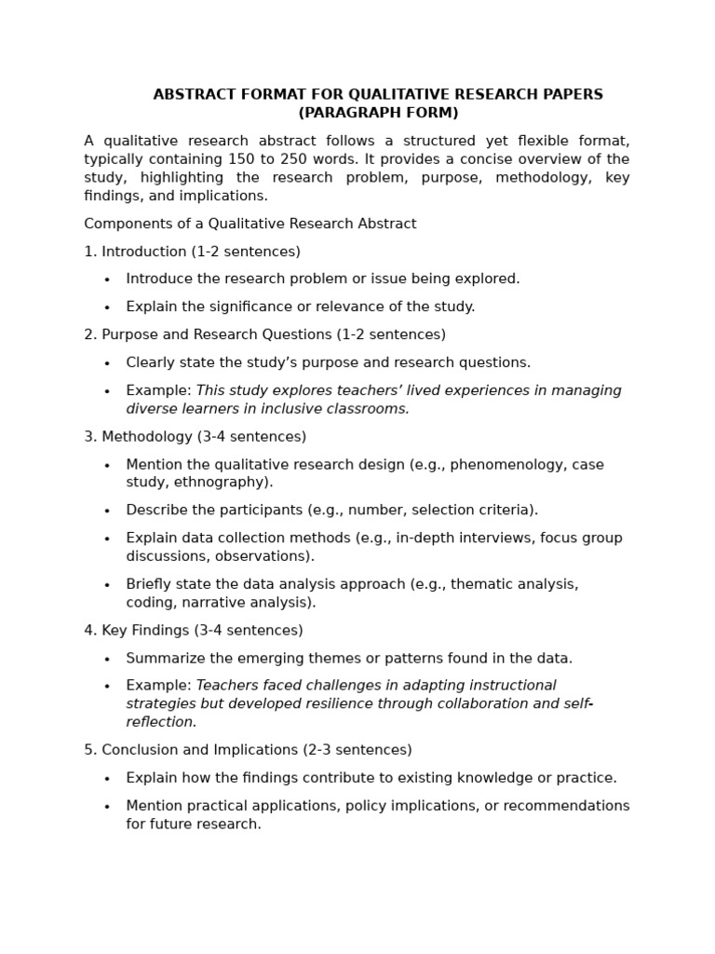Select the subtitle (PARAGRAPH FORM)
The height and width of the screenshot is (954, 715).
tap(378, 113)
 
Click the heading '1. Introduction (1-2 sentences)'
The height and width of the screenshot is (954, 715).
tap(192, 252)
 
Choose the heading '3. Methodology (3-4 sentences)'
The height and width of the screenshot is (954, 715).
tap(195, 436)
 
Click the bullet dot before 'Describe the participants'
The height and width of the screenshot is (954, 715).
tap(107, 511)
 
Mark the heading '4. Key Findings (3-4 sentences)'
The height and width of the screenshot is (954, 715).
tap(194, 631)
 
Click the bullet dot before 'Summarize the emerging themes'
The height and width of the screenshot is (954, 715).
tap(107, 660)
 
